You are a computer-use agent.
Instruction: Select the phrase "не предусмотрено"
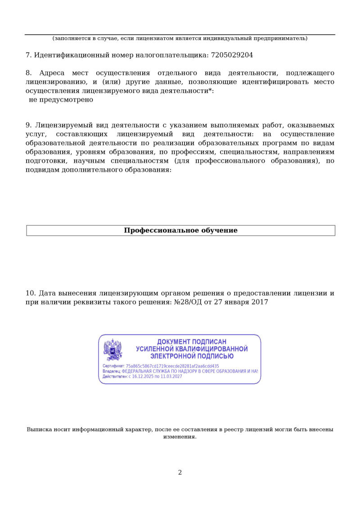pyautogui.click(x=61, y=100)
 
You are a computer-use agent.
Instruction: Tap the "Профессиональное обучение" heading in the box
pyautogui.click(x=180, y=231)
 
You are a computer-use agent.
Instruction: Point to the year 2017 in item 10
pyautogui.click(x=260, y=302)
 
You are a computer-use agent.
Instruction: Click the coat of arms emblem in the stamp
pyautogui.click(x=113, y=350)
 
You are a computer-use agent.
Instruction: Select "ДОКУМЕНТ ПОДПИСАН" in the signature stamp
pyautogui.click(x=192, y=342)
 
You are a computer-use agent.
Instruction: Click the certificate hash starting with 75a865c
pyautogui.click(x=172, y=366)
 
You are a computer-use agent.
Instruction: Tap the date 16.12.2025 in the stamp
pyautogui.click(x=143, y=376)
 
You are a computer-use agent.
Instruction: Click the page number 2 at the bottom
pyautogui.click(x=180, y=473)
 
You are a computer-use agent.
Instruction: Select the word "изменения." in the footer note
pyautogui.click(x=180, y=437)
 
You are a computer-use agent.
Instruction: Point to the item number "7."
pyautogui.click(x=28, y=55)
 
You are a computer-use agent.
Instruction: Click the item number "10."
pyautogui.click(x=31, y=293)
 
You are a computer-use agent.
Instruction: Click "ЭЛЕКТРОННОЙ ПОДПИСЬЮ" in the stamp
pyautogui.click(x=192, y=356)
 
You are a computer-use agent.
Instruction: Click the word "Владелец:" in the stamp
pyautogui.click(x=112, y=371)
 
